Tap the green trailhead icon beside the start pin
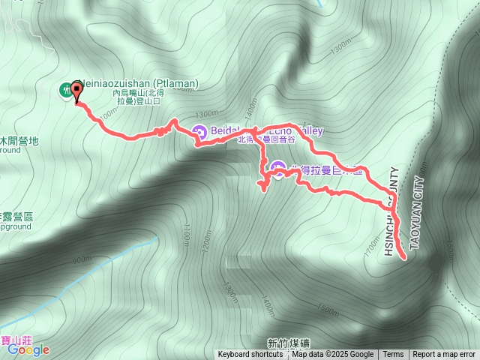tap(65, 90)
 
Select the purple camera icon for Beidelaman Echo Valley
tap(199, 132)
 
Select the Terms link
tap(393, 355)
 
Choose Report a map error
tap(445, 355)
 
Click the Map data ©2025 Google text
tap(332, 355)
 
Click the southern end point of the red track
tap(404, 257)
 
